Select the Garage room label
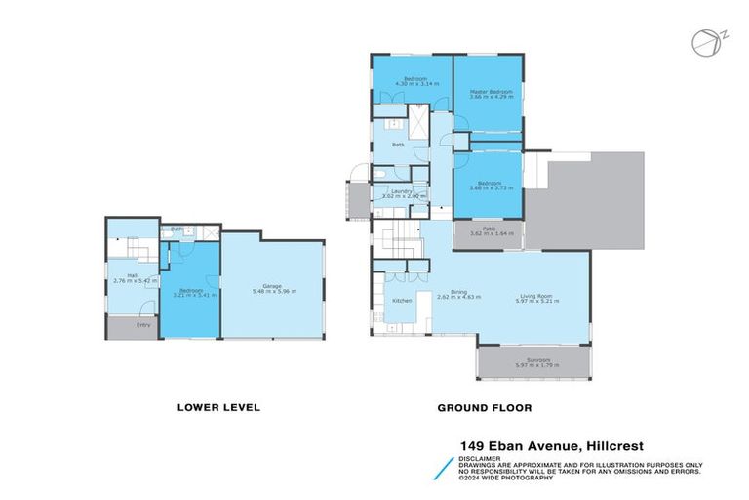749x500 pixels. coord(274,286)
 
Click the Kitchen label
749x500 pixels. coord(402,301)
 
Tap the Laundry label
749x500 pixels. coord(399,190)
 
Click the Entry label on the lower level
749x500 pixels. coord(143,324)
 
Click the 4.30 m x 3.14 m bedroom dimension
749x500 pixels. coord(411,84)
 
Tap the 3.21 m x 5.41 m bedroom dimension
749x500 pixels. coord(191,293)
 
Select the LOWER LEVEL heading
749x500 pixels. coord(217,407)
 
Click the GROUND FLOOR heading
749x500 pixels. coord(485,407)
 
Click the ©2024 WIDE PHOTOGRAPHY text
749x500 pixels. coord(507,478)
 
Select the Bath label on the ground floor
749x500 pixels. coord(398,145)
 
